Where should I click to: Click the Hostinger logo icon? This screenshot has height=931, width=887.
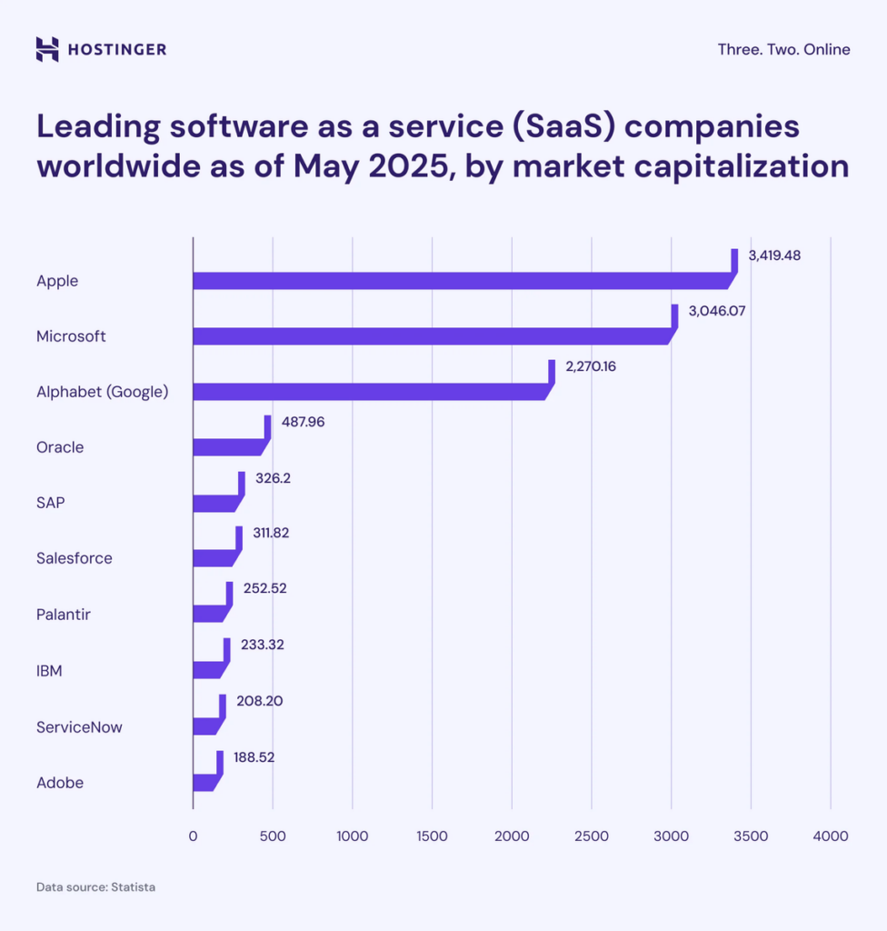pos(47,49)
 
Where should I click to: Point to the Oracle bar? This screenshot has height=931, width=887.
pos(227,447)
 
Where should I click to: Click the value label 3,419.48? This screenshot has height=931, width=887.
pos(774,255)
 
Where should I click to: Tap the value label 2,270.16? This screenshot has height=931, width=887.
pos(590,366)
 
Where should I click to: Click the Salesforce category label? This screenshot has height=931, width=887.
pos(75,558)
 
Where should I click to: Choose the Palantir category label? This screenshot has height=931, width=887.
pos(64,615)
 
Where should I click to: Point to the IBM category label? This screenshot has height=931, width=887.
pos(49,672)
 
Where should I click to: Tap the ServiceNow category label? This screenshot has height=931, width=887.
pos(79,727)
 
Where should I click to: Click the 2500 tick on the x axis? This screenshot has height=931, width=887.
pos(591,836)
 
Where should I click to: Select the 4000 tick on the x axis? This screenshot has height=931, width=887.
pos(830,836)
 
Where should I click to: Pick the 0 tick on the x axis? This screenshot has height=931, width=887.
pos(193,836)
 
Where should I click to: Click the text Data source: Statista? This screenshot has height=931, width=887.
pos(95,886)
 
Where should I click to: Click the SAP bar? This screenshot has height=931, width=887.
pos(214,503)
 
